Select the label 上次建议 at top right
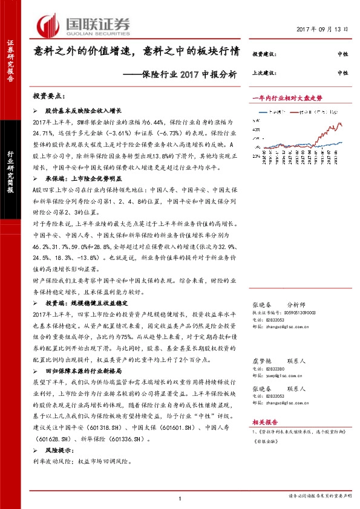click(x=264, y=73)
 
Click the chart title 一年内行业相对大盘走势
click(x=287, y=97)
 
